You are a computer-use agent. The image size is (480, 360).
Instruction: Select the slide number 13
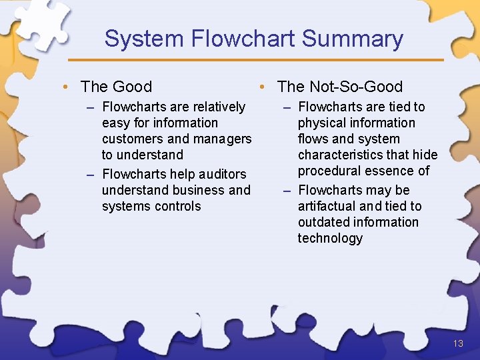click(x=457, y=344)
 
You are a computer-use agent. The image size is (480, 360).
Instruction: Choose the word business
click(x=199, y=190)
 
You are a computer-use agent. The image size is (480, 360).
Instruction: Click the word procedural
click(x=329, y=171)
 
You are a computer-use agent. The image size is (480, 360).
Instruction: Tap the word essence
click(x=391, y=171)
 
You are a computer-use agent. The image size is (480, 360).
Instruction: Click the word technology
click(x=330, y=238)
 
